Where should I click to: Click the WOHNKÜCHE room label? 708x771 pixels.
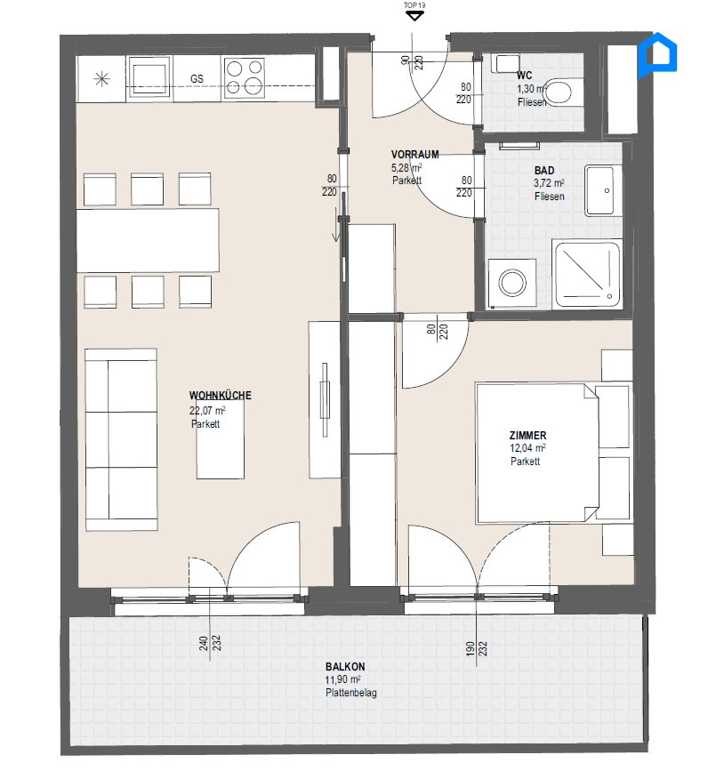[x=220, y=396]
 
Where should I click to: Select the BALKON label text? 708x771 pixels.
[x=345, y=666]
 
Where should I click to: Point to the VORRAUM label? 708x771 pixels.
[x=414, y=154]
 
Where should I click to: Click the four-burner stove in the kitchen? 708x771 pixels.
[x=244, y=77]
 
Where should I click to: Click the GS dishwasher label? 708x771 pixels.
[x=197, y=78]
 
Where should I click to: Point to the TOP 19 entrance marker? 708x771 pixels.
[x=413, y=12]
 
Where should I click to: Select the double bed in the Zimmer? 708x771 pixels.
[x=536, y=452]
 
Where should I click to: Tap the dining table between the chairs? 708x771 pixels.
[x=149, y=239]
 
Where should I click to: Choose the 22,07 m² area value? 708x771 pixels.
[x=206, y=411]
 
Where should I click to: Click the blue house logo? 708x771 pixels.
[x=659, y=53]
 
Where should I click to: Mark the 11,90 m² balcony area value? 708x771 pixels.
[x=343, y=679]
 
